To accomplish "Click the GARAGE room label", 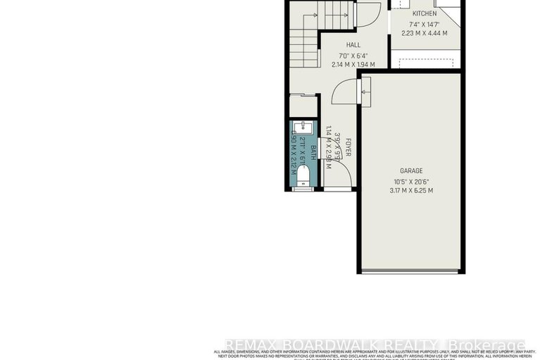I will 411,170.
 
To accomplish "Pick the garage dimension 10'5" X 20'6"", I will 411,180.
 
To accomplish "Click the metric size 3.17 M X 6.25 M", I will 411,190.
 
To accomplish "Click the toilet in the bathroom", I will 301,182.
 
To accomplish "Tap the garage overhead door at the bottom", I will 411,271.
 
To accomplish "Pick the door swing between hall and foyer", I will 343,92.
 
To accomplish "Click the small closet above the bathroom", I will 303,106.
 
